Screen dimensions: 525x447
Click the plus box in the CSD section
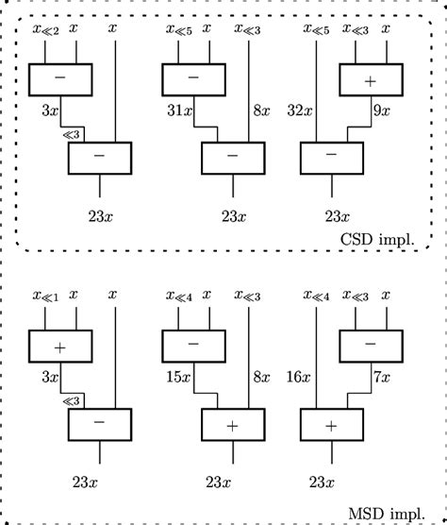point(371,79)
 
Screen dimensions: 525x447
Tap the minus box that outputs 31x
point(193,79)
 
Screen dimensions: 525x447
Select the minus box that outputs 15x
point(193,346)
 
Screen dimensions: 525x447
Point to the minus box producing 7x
point(371,346)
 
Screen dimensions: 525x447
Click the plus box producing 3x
point(59,346)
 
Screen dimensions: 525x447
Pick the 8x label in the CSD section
point(261,110)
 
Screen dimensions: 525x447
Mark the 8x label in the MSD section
point(261,378)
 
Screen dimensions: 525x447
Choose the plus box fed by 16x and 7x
point(330,425)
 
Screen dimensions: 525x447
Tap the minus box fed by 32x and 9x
point(330,157)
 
